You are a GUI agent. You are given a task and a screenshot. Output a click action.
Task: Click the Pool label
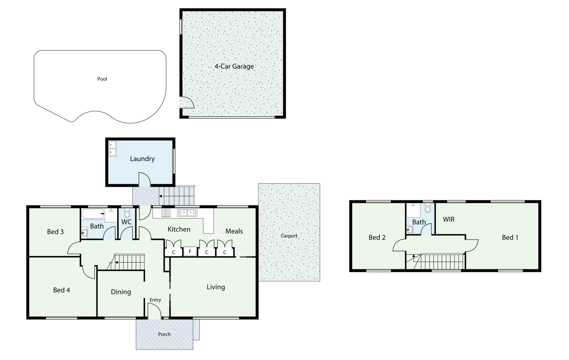click(x=102, y=79)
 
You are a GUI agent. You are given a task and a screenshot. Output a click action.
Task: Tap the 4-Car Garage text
click(x=234, y=66)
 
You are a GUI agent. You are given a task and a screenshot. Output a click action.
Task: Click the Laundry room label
click(x=142, y=159)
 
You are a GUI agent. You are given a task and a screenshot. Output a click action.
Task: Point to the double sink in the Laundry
click(x=112, y=149)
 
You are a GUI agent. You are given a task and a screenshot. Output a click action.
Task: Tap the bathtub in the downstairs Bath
click(x=93, y=214)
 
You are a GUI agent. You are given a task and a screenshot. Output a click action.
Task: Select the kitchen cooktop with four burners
click(x=166, y=213)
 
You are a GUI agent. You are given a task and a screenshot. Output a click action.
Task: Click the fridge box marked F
click(x=190, y=251)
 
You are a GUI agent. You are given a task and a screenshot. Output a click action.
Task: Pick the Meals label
click(x=234, y=231)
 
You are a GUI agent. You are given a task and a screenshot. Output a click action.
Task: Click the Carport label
click(x=289, y=236)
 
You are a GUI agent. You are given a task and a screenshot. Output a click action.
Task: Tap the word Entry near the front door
click(x=155, y=300)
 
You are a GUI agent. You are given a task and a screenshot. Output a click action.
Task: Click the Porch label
click(x=164, y=334)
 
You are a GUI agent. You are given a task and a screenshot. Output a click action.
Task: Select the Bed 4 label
click(x=61, y=290)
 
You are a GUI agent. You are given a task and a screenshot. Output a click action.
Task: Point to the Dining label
click(x=121, y=292)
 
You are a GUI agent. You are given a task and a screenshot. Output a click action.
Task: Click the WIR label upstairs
click(x=449, y=219)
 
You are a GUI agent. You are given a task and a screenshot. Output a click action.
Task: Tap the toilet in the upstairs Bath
click(x=428, y=209)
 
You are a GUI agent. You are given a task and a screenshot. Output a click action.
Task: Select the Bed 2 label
click(x=377, y=237)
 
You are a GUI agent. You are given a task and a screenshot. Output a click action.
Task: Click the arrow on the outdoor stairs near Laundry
click(x=161, y=196)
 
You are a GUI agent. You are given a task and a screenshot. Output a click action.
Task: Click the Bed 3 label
click(x=55, y=232)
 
